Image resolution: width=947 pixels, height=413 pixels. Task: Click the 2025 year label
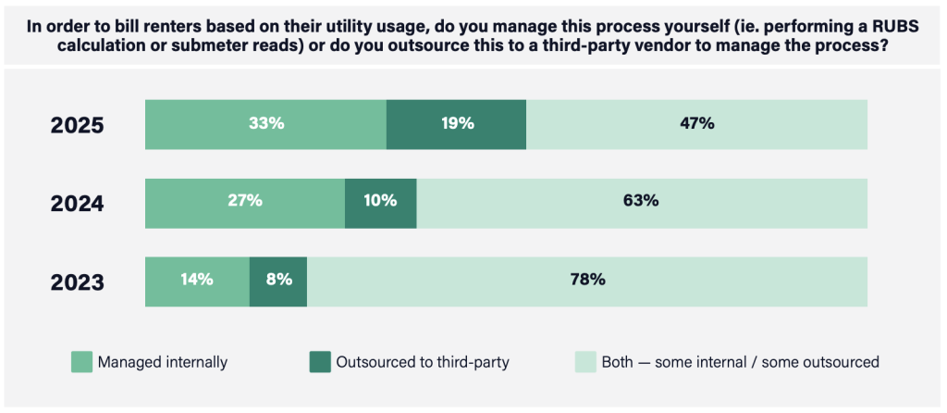pyautogui.click(x=77, y=125)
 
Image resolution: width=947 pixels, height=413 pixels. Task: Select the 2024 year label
pyautogui.click(x=77, y=203)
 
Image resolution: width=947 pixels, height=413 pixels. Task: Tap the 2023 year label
pyautogui.click(x=77, y=282)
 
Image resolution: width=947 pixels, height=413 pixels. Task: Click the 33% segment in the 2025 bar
pyautogui.click(x=265, y=124)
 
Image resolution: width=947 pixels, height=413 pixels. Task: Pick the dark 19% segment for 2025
pyautogui.click(x=456, y=124)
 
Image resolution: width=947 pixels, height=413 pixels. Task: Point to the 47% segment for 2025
pyautogui.click(x=696, y=124)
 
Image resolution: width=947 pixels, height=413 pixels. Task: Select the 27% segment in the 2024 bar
pyautogui.click(x=245, y=203)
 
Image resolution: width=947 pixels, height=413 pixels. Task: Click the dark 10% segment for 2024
pyautogui.click(x=380, y=203)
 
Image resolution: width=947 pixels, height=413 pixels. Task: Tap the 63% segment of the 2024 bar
pyautogui.click(x=642, y=203)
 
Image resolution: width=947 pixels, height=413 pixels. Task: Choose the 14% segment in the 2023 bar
pyautogui.click(x=197, y=281)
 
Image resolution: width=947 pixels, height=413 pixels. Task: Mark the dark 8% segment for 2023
pyautogui.click(x=278, y=281)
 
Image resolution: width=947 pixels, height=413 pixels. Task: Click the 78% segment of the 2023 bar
pyautogui.click(x=587, y=281)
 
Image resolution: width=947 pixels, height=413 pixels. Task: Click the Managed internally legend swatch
pyautogui.click(x=81, y=362)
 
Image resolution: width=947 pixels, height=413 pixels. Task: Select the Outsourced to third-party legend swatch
pyautogui.click(x=320, y=362)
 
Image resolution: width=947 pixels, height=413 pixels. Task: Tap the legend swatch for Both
pyautogui.click(x=585, y=362)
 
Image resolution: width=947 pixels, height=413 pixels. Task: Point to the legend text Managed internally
pyautogui.click(x=163, y=362)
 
